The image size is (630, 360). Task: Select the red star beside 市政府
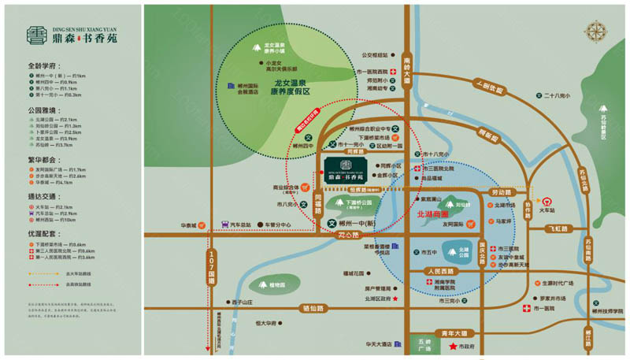(453, 347)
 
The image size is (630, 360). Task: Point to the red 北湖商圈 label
(432, 213)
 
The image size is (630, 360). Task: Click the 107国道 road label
(211, 267)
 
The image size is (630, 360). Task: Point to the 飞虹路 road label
(557, 228)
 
